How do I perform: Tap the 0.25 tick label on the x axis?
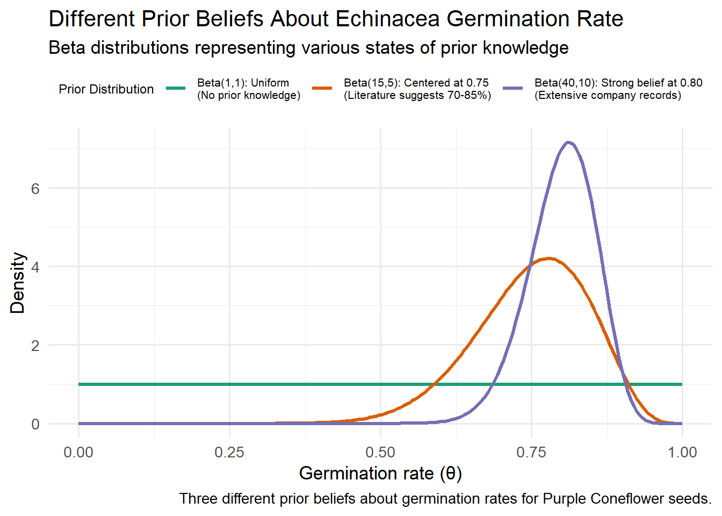229,453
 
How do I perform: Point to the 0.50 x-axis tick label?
380,453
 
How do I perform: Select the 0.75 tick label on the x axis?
531,453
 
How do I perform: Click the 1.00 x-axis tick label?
682,453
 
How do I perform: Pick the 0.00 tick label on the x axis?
78,453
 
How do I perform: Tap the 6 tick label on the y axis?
35,189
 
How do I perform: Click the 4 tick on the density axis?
35,267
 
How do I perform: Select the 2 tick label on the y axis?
35,346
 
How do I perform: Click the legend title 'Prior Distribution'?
106,89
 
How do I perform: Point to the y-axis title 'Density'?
18,283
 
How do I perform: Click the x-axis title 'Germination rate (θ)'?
380,474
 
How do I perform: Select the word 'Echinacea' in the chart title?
387,19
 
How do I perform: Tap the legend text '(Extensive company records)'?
608,96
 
